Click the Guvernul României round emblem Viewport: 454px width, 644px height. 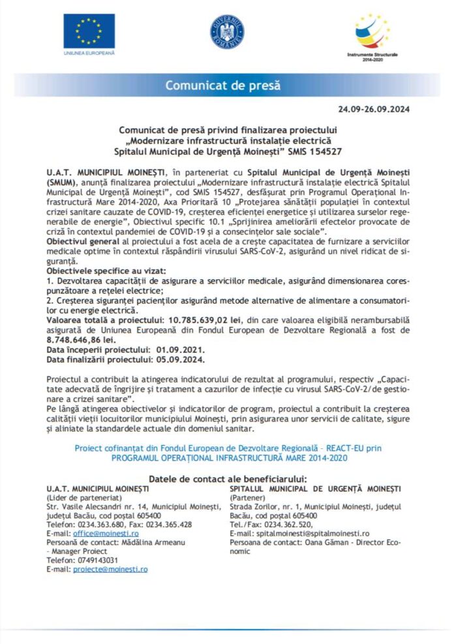(x=226, y=31)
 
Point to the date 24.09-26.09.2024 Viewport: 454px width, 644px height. (x=374, y=109)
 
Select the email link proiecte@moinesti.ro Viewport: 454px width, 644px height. (x=110, y=569)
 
